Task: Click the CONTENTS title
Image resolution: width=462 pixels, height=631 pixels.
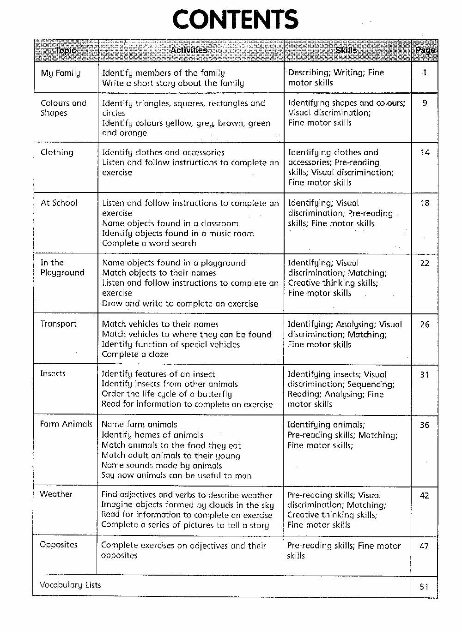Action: click(235, 20)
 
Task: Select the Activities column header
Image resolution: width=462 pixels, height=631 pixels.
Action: click(188, 50)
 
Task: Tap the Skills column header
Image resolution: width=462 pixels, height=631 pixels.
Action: click(346, 50)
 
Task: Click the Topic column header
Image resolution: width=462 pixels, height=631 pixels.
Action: click(66, 50)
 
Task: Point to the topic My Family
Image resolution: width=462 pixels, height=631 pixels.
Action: click(61, 73)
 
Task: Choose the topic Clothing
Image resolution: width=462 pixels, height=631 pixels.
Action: click(57, 152)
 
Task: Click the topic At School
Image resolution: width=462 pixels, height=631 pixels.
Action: click(59, 203)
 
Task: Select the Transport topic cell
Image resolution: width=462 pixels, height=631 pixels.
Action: click(58, 324)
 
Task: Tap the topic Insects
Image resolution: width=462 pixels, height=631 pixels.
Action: click(53, 373)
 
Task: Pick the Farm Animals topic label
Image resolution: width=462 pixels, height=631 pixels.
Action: click(66, 424)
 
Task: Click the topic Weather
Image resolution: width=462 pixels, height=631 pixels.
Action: click(56, 494)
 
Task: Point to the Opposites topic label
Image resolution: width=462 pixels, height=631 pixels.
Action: click(59, 544)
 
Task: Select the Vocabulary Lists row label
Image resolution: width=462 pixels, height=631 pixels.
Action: click(70, 585)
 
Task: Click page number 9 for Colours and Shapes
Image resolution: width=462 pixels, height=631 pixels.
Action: click(425, 103)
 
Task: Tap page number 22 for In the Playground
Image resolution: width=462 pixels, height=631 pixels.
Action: click(425, 263)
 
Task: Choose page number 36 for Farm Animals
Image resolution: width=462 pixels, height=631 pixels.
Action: click(425, 425)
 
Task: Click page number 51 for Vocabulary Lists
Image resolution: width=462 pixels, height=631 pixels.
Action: click(424, 587)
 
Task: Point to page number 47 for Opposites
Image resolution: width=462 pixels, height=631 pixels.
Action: click(424, 546)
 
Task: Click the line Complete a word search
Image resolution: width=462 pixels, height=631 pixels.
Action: click(149, 243)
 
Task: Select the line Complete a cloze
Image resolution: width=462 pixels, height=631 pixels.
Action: click(135, 354)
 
